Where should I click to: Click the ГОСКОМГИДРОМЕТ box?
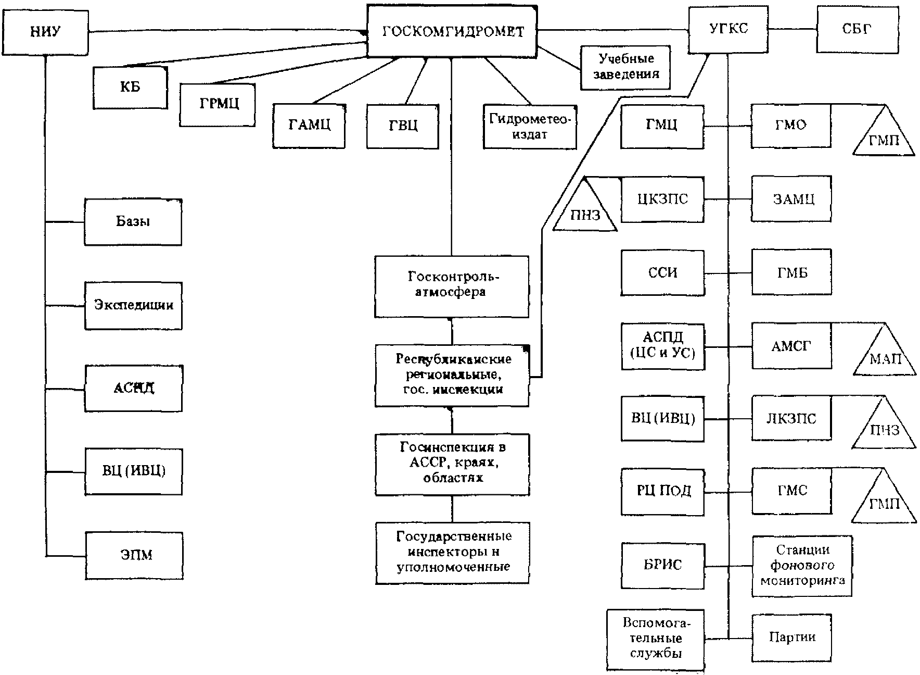pyautogui.click(x=452, y=31)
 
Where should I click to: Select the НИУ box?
pyautogui.click(x=45, y=32)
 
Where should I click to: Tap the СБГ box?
pyautogui.click(x=857, y=29)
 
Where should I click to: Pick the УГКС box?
pyautogui.click(x=728, y=29)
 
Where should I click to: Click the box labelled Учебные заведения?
pyautogui.click(x=625, y=66)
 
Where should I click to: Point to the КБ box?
pyautogui.click(x=130, y=87)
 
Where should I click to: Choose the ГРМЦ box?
pyautogui.click(x=218, y=104)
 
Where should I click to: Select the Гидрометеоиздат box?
pyautogui.click(x=530, y=127)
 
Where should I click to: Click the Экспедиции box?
pyautogui.click(x=134, y=306)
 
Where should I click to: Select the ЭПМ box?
pyautogui.click(x=134, y=555)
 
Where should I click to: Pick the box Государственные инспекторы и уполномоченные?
pyautogui.click(x=452, y=553)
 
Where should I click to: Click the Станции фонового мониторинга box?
pyautogui.click(x=802, y=566)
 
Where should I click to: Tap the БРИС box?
pyautogui.click(x=662, y=566)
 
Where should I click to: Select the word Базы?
pyautogui.click(x=133, y=221)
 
